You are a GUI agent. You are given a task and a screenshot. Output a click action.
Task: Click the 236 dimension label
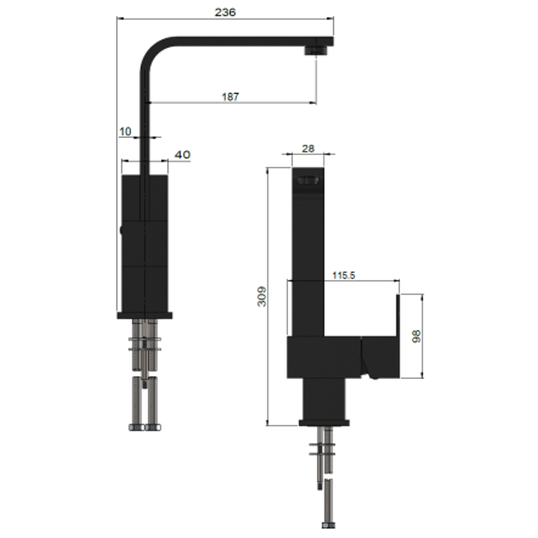225,12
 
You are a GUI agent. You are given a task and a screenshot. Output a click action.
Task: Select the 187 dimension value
230,97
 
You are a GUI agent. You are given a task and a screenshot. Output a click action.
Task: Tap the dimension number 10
125,132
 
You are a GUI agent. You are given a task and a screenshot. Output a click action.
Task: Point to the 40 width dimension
182,155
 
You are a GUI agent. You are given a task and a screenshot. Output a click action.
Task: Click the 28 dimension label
308,148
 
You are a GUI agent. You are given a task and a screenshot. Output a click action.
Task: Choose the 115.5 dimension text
343,275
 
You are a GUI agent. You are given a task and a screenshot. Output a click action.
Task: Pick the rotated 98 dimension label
417,336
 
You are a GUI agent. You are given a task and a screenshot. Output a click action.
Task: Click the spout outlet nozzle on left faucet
316,50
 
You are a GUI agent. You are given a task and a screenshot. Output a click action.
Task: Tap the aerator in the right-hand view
307,180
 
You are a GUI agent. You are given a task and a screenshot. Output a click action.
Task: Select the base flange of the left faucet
144,315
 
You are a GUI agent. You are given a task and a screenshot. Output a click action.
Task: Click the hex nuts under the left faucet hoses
144,427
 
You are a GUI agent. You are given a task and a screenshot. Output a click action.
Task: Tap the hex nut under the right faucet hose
328,525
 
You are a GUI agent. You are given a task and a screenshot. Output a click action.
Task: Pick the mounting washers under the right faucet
322,449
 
